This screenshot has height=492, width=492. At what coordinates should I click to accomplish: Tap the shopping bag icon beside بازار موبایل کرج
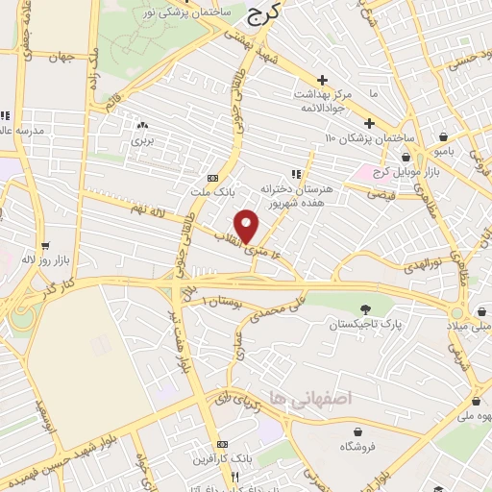click(407, 157)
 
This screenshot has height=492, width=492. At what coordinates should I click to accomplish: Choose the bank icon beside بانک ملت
click(212, 179)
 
